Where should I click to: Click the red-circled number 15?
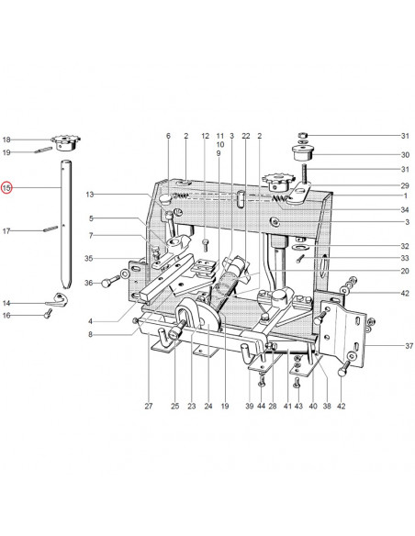click(x=6, y=187)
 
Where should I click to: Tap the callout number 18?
click(x=6, y=140)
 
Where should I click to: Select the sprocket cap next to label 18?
click(x=65, y=142)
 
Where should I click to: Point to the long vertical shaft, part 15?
click(x=66, y=224)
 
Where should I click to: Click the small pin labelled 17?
click(x=50, y=229)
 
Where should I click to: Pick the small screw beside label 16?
click(x=48, y=314)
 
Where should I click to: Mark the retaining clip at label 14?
click(x=57, y=300)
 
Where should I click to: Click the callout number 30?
click(x=405, y=155)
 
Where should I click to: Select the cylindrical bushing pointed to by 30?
click(x=302, y=153)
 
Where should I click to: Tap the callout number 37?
click(x=409, y=346)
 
